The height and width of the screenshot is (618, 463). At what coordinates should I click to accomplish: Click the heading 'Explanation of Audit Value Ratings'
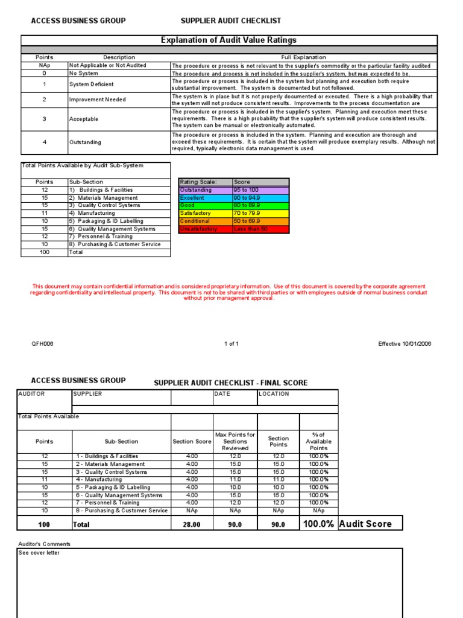pos(228,40)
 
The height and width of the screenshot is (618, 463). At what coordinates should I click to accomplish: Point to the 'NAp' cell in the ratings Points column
pos(44,65)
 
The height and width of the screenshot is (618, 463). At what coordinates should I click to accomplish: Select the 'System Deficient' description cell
pos(91,84)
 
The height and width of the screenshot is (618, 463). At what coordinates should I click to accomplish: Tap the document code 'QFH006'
pos(43,344)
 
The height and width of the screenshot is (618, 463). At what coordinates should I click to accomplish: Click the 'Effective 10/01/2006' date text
pos(405,344)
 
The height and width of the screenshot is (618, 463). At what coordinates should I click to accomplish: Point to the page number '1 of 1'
pos(231,344)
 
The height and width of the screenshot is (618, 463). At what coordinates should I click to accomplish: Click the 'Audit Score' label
pos(365,524)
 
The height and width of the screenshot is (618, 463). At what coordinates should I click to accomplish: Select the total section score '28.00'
pos(192,525)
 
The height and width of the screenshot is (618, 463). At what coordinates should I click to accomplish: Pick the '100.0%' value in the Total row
pos(318,524)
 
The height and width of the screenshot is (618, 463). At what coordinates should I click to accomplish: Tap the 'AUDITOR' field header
pos(31,394)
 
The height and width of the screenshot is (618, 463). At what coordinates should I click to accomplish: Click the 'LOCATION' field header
pos(274,394)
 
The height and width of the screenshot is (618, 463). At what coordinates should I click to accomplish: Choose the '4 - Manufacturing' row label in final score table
pos(99,480)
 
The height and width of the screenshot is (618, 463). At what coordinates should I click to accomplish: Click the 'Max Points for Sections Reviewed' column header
pos(235,441)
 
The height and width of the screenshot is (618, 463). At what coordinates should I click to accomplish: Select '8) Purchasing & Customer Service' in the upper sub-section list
pos(115,244)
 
